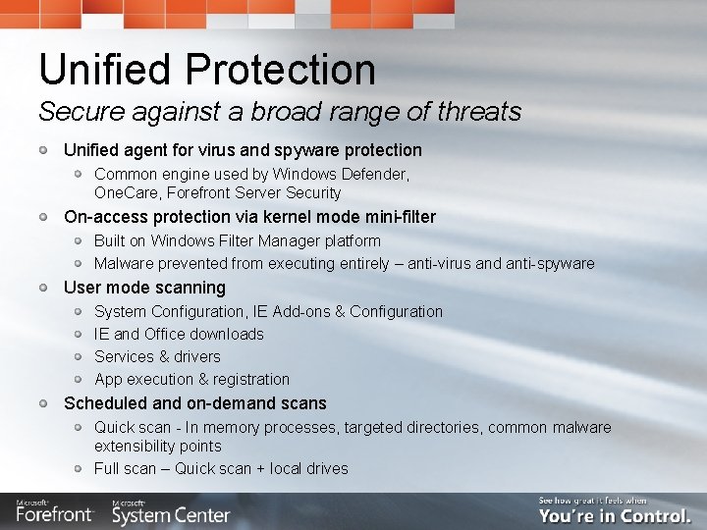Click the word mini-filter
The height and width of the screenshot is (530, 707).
tap(394, 217)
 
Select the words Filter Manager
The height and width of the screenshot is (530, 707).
tap(270, 240)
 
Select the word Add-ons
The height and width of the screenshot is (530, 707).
tap(298, 311)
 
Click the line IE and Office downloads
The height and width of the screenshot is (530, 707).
tap(179, 334)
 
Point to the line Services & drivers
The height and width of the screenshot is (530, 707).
tap(157, 356)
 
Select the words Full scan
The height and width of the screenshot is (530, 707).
tap(126, 468)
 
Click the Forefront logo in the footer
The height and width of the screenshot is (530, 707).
tap(55, 512)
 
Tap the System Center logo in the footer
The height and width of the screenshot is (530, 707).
tap(171, 512)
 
